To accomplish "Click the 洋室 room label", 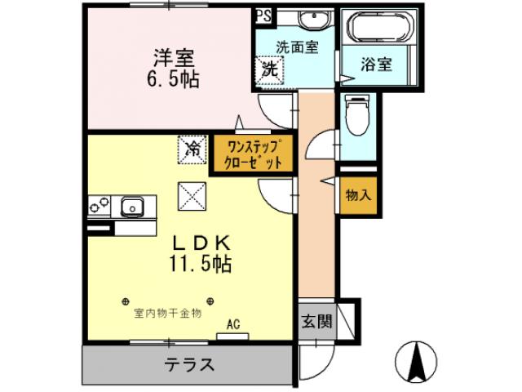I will [175, 59].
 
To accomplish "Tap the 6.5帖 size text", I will [174, 80].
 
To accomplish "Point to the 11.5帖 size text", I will [200, 264].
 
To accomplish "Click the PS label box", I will [262, 14].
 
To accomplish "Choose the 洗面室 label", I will [296, 47].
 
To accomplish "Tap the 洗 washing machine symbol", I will [268, 69].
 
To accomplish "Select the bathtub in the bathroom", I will [381, 29].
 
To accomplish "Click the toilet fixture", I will [356, 115].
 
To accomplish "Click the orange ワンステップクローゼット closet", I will [254, 154].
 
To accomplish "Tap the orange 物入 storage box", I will [358, 195].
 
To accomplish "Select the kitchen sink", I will [131, 206].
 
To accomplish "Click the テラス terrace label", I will [189, 365].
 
